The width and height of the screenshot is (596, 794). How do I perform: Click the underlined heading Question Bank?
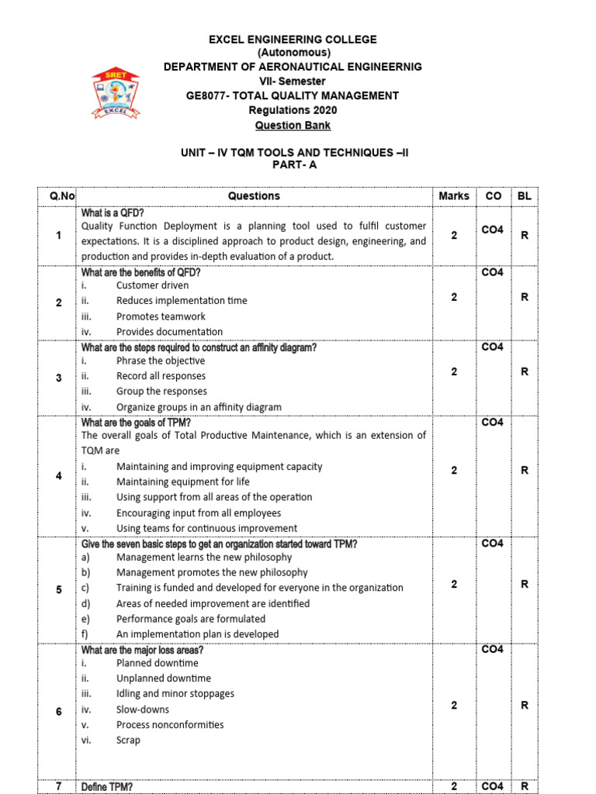tap(293, 125)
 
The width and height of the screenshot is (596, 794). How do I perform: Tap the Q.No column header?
tap(59, 196)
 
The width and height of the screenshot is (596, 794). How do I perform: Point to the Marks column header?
tap(453, 196)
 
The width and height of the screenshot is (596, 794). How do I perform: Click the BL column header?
tap(525, 196)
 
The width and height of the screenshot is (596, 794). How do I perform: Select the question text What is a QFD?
tap(113, 212)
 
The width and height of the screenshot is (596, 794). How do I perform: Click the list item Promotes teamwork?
tap(161, 316)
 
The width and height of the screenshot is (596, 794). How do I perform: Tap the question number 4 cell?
tap(59, 475)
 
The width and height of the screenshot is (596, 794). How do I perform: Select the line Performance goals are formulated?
tap(190, 619)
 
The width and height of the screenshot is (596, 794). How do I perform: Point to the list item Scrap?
tap(128, 740)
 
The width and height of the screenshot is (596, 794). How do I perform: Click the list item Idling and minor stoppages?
tap(175, 694)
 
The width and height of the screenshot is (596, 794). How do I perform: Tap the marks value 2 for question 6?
tap(454, 705)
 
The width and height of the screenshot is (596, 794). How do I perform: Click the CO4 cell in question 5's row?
tap(492, 544)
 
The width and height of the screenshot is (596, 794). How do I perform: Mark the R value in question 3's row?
tap(525, 372)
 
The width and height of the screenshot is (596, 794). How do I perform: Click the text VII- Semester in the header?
tap(293, 81)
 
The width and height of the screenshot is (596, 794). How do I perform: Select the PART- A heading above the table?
tap(293, 165)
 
